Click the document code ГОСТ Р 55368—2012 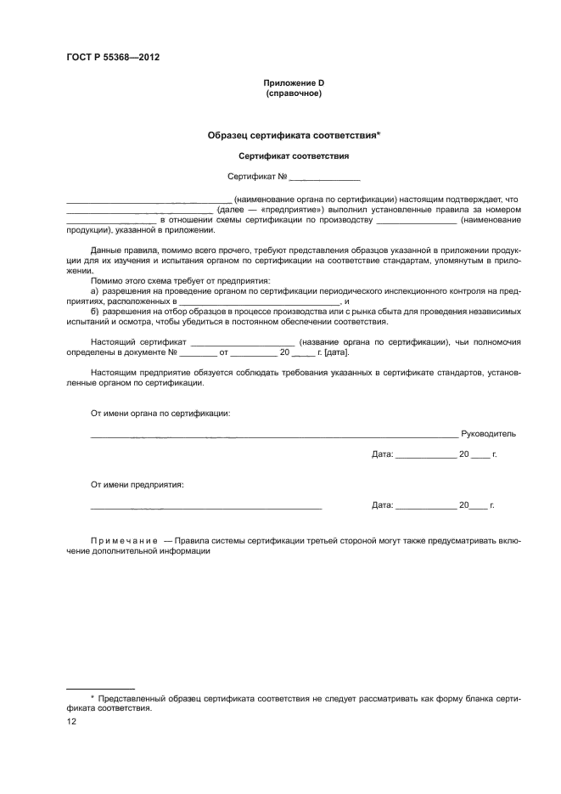pos(114,58)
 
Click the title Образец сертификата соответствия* pos(294,135)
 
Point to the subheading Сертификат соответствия pos(294,156)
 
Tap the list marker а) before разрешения pos(95,291)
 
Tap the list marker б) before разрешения pos(95,312)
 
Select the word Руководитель pos(488,434)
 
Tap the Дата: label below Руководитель pos(383,455)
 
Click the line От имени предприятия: pos(137,485)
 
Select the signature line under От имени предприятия pos(206,507)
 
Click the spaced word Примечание pos(125,541)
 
